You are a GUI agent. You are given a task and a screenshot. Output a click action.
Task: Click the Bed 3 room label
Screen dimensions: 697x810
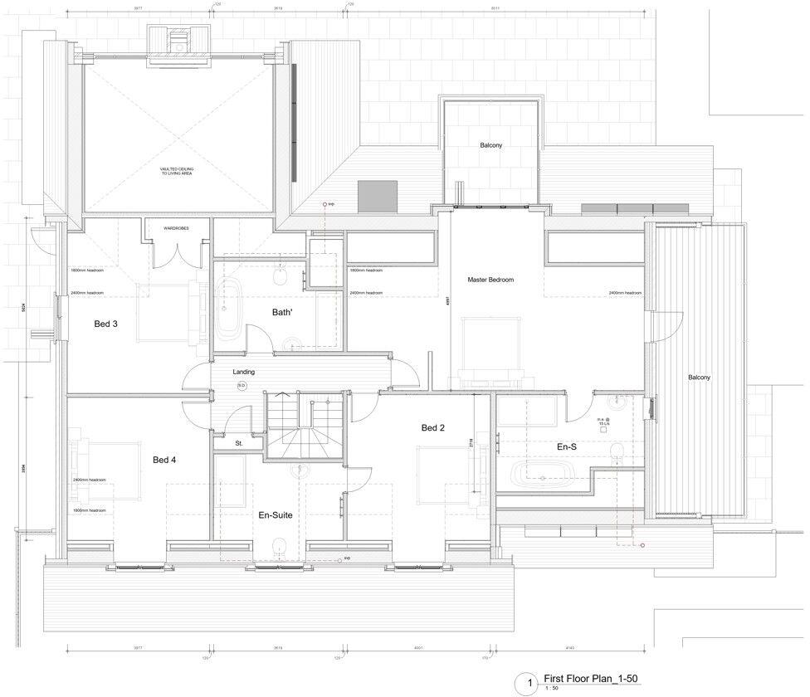(x=105, y=324)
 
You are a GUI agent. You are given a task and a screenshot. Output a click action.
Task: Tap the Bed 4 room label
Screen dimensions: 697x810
(x=164, y=460)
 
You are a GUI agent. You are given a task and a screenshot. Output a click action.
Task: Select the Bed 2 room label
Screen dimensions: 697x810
(x=432, y=428)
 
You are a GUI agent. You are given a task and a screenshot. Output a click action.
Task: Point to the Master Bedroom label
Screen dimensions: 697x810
(x=490, y=280)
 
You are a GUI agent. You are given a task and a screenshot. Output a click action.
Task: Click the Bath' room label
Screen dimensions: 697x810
(x=283, y=312)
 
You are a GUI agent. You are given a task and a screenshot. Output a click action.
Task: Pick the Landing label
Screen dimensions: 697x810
(x=243, y=372)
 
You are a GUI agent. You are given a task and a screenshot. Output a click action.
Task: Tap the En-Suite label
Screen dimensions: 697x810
(x=276, y=515)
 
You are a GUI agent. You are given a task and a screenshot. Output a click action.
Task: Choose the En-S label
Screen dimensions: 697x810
(x=567, y=446)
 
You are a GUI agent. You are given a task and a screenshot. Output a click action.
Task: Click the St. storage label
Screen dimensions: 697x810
(x=238, y=443)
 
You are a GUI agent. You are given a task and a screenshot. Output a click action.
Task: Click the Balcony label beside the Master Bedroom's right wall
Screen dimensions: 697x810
(x=699, y=378)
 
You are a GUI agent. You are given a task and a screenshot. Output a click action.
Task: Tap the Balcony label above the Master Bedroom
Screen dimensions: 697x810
(x=490, y=145)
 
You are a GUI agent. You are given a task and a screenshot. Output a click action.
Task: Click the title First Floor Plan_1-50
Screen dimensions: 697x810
(x=591, y=678)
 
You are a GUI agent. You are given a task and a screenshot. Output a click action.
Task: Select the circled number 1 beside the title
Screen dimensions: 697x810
(x=524, y=684)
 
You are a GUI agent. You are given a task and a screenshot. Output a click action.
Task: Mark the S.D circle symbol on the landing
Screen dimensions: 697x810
(x=242, y=386)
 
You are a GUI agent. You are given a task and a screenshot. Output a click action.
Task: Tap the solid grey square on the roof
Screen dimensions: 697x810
(x=373, y=196)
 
